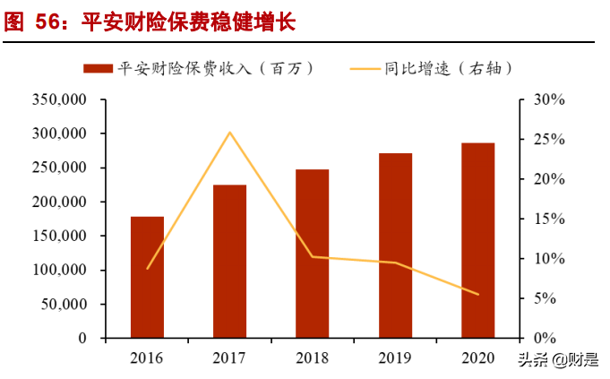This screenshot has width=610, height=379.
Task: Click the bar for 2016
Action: pyautogui.click(x=147, y=277)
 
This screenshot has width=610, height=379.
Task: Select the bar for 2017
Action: pyautogui.click(x=230, y=262)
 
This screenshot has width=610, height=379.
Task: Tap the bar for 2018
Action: pyautogui.click(x=313, y=254)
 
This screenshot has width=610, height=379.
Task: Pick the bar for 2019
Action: pyautogui.click(x=395, y=245)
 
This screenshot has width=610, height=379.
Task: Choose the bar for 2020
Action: pyautogui.click(x=477, y=240)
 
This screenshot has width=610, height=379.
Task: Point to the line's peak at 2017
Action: pyautogui.click(x=230, y=133)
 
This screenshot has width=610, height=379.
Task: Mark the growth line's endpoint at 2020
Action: pyautogui.click(x=477, y=294)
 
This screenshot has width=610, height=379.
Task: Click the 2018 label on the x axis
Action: pyautogui.click(x=313, y=358)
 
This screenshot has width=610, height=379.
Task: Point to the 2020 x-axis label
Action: pyautogui.click(x=477, y=358)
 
